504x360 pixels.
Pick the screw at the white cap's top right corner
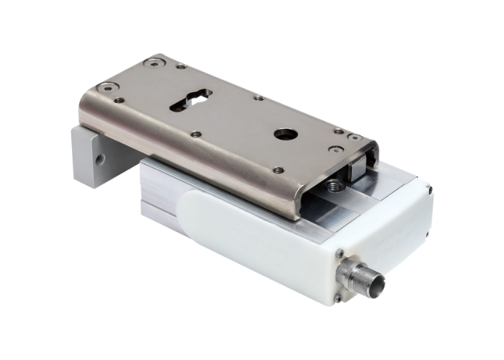(x=430, y=189)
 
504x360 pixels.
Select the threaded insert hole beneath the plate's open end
(x=333, y=186)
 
